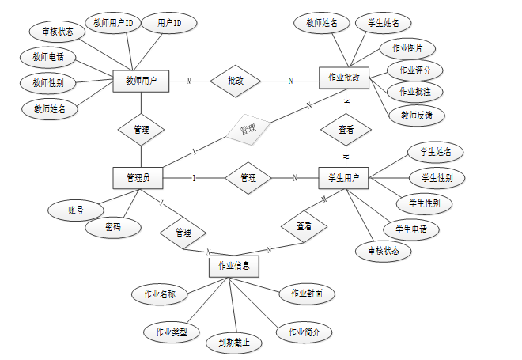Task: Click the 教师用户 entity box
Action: [x=141, y=80]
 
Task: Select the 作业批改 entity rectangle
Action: [x=344, y=78]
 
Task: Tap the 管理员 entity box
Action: [x=138, y=178]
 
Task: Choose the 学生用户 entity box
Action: [x=343, y=178]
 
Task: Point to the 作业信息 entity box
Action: [x=234, y=266]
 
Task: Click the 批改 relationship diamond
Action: [x=235, y=80]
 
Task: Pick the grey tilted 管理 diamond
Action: [x=248, y=128]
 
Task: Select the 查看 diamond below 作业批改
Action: [x=346, y=128]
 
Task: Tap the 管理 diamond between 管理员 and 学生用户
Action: [x=248, y=178]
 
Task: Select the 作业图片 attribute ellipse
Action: [x=407, y=48]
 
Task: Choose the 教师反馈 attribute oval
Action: [x=418, y=115]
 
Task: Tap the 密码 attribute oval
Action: [x=114, y=227]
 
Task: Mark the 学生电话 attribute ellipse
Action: [x=411, y=229]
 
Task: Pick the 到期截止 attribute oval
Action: [x=233, y=343]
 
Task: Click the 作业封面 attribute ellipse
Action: [x=307, y=294]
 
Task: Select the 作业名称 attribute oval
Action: [x=159, y=294]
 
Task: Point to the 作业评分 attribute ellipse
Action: [x=415, y=70]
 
